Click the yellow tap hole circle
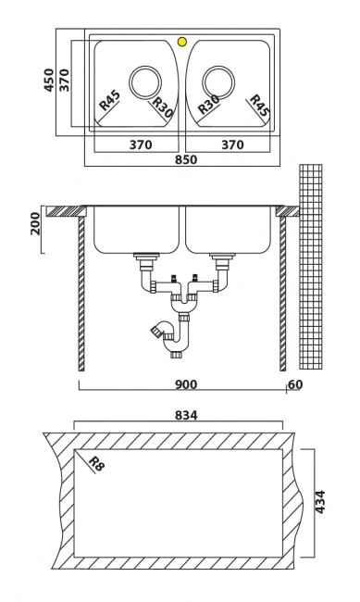pyautogui.click(x=182, y=42)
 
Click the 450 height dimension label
pyautogui.click(x=49, y=80)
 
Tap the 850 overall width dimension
pyautogui.click(x=186, y=159)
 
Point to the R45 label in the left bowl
pyautogui.click(x=110, y=100)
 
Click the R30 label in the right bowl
pyautogui.click(x=209, y=105)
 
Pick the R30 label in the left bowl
pyautogui.click(x=162, y=107)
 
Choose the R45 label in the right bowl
pyautogui.click(x=260, y=106)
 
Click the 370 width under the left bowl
pyautogui.click(x=141, y=144)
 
